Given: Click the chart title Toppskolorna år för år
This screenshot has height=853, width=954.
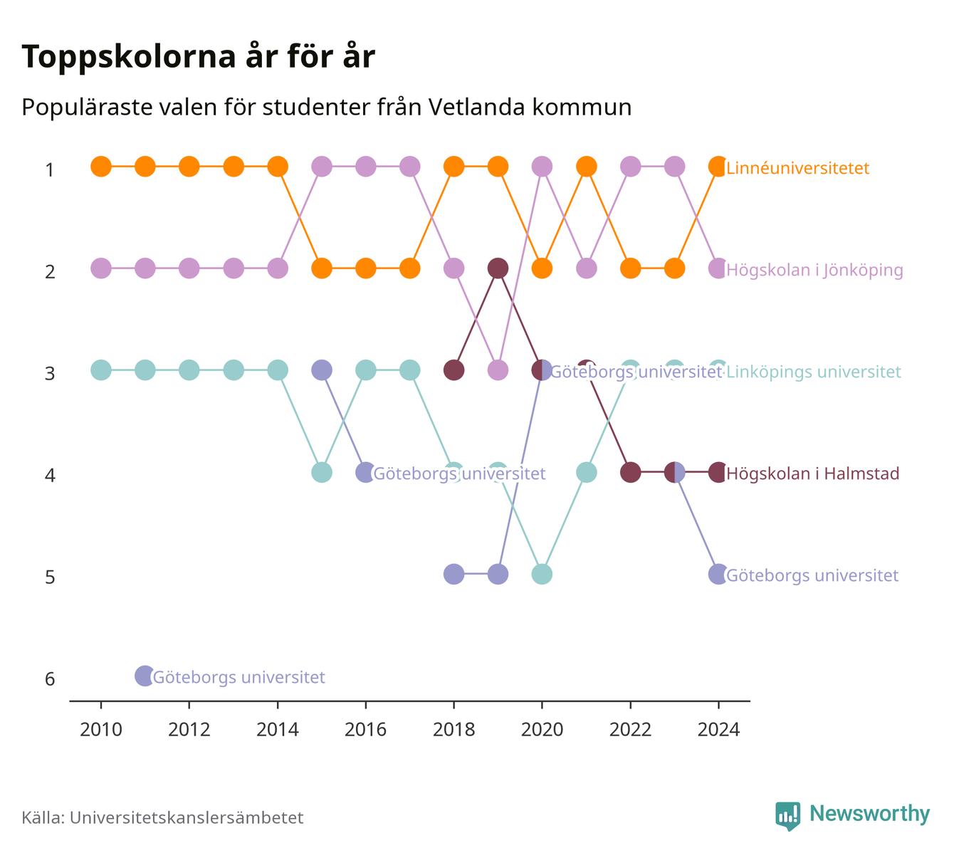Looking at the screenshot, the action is point(198,56).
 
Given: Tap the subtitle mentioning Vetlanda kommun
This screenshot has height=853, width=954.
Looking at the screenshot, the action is point(326,108).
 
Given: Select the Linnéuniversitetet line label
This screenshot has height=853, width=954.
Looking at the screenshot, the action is point(797,168).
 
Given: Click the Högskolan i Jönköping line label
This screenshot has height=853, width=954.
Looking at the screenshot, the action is point(814,270).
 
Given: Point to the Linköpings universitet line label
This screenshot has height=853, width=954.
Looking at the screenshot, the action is point(813,372).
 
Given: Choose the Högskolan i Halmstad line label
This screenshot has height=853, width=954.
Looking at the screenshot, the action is point(813,473).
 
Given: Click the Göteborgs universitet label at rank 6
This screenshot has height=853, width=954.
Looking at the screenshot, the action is point(239,677).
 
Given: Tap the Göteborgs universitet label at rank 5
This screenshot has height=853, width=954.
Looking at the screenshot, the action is point(812,575).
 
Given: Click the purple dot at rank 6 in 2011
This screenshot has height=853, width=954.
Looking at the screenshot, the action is point(145,676).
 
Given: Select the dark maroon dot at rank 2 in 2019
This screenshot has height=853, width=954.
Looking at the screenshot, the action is point(498,268).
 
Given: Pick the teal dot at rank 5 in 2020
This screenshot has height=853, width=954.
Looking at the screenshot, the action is point(542,574).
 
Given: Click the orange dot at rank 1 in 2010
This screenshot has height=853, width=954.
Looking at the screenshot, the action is point(101,167).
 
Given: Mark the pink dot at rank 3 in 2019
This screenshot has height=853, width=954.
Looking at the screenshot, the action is point(498,370).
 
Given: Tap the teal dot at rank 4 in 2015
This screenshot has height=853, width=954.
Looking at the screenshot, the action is point(322,472).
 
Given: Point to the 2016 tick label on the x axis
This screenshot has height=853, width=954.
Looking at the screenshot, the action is point(365,730).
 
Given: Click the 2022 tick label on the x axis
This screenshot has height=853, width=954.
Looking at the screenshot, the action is point(630,730).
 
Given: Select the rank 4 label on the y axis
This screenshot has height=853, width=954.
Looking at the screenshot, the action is point(50,475).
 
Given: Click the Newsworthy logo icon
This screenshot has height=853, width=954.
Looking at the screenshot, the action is point(787,816).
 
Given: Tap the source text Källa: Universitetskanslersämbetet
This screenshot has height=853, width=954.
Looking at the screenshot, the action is point(162,817).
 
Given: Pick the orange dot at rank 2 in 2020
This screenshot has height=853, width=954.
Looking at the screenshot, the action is point(542,268).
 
